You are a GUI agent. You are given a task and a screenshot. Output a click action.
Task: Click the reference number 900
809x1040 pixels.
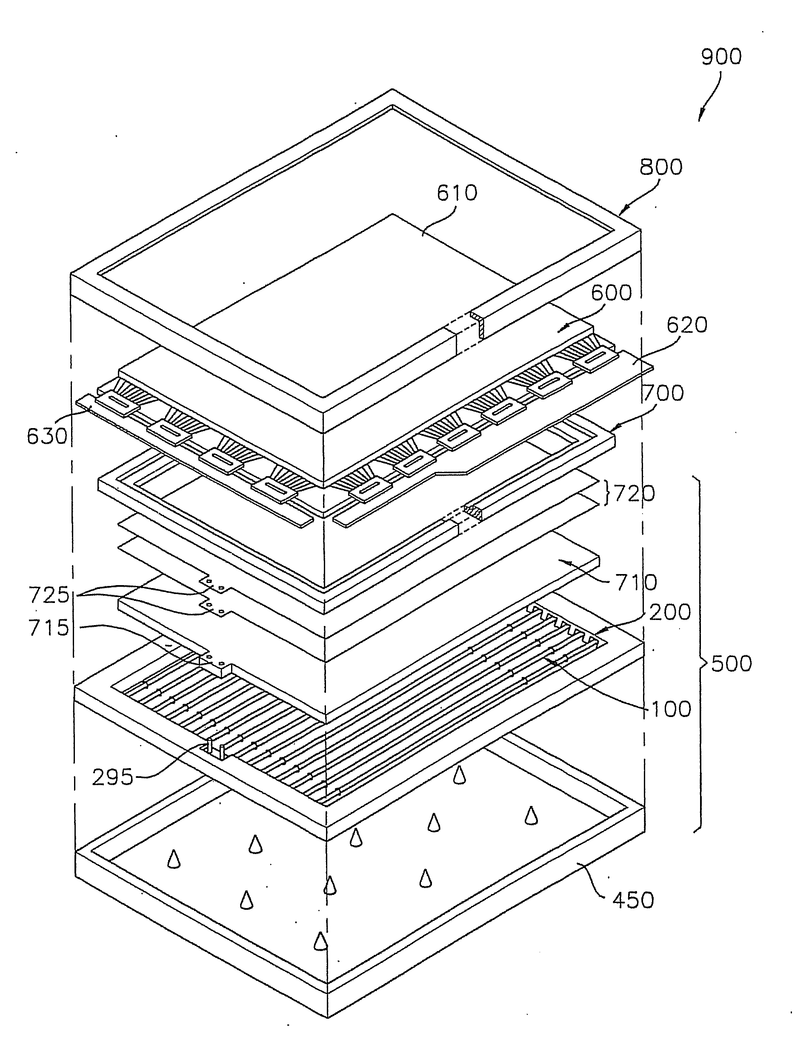point(721,57)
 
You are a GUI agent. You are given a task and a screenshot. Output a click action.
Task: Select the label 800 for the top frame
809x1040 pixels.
point(660,167)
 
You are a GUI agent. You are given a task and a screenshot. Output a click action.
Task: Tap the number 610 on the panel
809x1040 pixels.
point(457,193)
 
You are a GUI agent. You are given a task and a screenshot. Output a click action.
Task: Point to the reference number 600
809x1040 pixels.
point(612,292)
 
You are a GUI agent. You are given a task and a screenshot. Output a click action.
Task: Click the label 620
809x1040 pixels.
point(686,325)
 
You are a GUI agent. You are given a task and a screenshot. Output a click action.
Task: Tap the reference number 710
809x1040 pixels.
point(636,582)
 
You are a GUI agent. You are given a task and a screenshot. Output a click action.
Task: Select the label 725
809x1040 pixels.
point(49,595)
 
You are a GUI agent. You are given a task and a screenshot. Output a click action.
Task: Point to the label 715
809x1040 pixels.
point(49,629)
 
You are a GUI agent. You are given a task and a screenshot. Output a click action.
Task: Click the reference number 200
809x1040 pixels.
point(670,612)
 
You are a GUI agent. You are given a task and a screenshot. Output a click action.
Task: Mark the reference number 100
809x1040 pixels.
point(670,709)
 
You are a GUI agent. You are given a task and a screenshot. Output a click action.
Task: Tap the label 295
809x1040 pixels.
point(112,777)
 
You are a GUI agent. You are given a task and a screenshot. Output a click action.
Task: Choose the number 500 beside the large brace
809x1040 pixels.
point(732,664)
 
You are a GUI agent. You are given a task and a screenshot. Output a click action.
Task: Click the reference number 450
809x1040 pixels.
point(633,900)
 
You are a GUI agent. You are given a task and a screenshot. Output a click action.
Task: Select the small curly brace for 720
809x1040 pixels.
point(609,494)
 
